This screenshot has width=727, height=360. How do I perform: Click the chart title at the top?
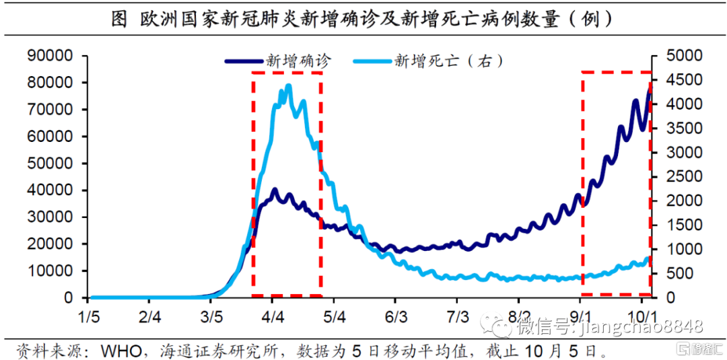[x=363, y=19]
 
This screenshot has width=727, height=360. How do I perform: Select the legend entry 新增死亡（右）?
[x=448, y=61]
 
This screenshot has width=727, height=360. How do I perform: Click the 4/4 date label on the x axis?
[x=273, y=317]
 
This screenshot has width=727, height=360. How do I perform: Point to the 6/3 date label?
[x=396, y=317]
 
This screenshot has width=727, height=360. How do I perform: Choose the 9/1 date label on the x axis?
[x=580, y=317]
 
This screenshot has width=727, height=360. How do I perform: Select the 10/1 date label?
[x=642, y=317]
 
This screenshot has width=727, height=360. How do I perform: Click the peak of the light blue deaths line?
[x=289, y=85]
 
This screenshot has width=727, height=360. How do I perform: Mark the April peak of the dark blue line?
[x=275, y=190]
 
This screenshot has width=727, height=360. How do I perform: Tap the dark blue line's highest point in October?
[x=650, y=87]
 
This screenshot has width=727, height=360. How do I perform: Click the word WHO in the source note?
[x=119, y=351]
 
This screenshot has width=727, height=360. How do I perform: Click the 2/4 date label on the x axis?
[x=151, y=317]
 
